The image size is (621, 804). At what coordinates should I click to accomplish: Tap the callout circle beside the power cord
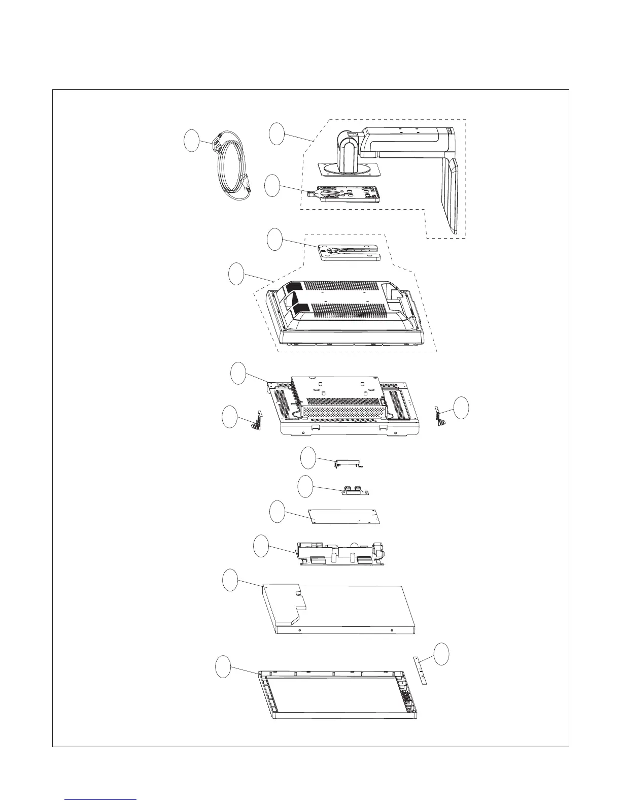click(x=191, y=141)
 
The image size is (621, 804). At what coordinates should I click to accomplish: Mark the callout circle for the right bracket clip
click(x=461, y=408)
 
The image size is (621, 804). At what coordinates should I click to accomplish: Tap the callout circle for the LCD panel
click(x=230, y=580)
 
